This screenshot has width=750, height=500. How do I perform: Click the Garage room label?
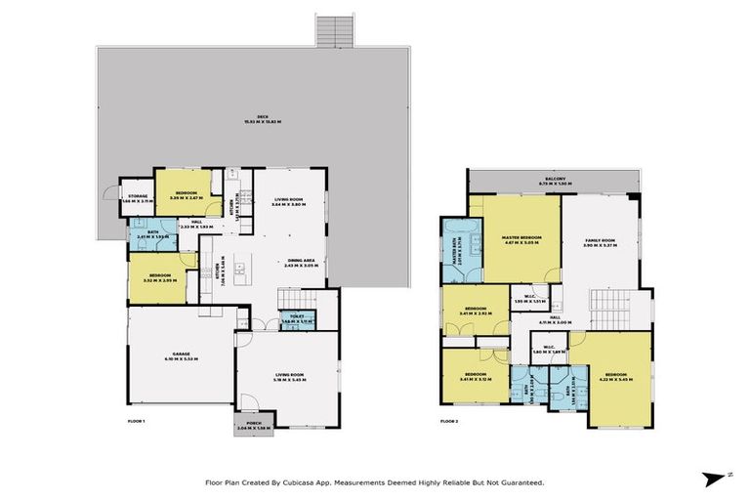click(182, 357)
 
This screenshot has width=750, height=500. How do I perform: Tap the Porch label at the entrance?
click(253, 427)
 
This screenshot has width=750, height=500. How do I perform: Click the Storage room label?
click(136, 196)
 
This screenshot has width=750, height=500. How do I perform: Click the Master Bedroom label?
click(516, 238)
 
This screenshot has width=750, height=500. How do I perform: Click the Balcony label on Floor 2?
click(555, 181)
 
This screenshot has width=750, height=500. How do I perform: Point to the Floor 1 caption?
click(136, 419)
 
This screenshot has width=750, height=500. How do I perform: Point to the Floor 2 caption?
click(448, 420)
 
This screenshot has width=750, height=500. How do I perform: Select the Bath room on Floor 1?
click(152, 234)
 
